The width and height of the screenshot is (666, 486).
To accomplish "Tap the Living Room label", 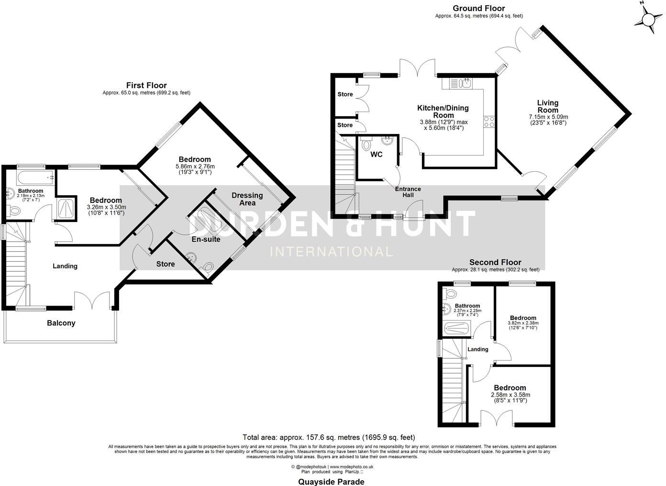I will pos(548,106).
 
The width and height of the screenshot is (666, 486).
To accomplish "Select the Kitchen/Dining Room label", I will pos(443,111).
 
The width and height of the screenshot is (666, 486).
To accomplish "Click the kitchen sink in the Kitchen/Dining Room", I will pos(464,84).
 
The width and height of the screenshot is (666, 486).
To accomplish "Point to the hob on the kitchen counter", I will pos(489,121).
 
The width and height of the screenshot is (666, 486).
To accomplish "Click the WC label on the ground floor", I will pos(377,155).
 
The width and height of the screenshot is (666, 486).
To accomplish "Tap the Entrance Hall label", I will pos(408,192).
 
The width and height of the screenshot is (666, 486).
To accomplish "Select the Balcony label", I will pos(61,323).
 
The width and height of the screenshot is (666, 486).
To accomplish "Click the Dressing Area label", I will pos(247,199).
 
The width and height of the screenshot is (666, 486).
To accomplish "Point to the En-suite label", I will pos(206,239).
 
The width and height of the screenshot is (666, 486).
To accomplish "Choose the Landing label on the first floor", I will pos(65,266).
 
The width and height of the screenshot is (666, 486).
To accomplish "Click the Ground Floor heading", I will pos(478,8).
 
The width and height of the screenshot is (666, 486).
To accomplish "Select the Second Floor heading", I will pos(495,262).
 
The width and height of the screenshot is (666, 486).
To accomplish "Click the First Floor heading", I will pos(146,85).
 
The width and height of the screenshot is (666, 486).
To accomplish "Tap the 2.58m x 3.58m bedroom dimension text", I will pos(510,395).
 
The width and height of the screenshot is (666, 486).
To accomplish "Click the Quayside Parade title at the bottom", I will pos(331,482).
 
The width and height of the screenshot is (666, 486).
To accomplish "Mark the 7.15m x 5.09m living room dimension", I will pos(548,117).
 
